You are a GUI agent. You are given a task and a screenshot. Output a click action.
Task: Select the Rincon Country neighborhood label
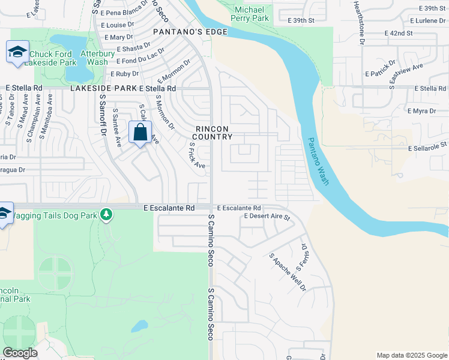(x=214, y=133)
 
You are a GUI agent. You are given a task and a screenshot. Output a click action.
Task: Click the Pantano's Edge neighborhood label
(x=190, y=31)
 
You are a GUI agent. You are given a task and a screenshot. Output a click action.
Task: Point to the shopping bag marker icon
(x=140, y=132)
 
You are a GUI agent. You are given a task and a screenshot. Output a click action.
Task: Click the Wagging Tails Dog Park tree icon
(x=106, y=214)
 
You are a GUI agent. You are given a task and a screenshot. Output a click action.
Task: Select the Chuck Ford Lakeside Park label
(x=62, y=58)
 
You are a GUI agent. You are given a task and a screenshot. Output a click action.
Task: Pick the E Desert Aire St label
(x=267, y=217)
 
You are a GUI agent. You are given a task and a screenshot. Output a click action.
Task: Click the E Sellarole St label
(x=427, y=146)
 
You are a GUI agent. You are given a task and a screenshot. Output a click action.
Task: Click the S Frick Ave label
(x=197, y=155)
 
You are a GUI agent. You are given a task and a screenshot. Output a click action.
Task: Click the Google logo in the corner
(x=20, y=353)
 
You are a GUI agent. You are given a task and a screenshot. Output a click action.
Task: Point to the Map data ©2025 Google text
(x=411, y=355)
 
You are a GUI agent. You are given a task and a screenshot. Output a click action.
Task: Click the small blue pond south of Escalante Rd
(x=139, y=326)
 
